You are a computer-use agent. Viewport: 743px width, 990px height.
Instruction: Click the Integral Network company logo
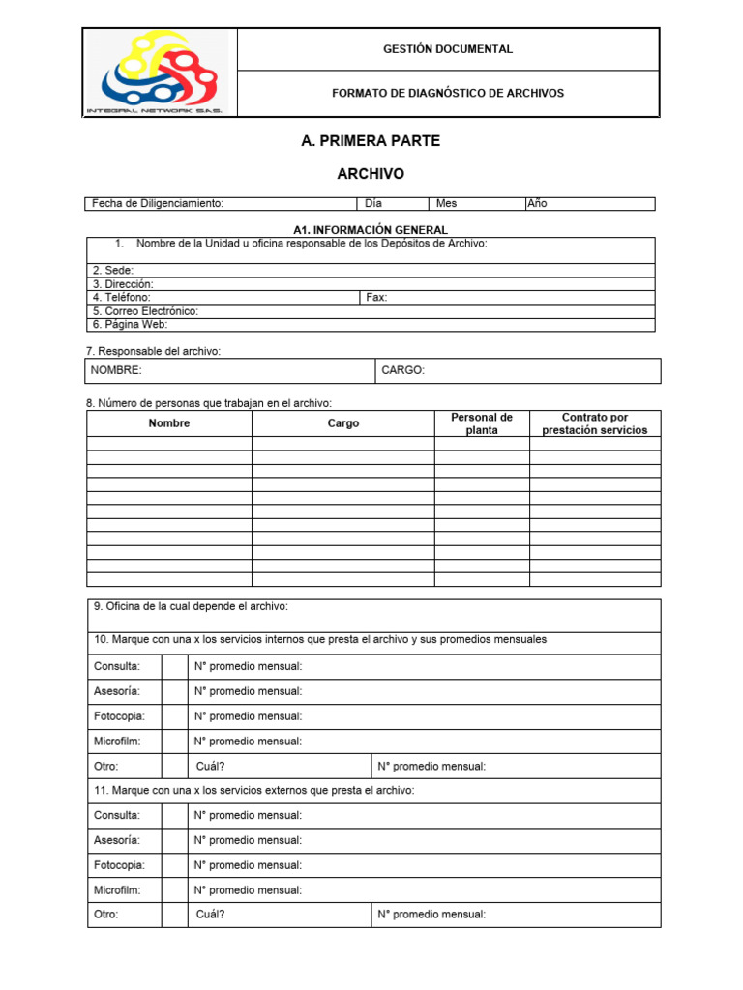(x=158, y=73)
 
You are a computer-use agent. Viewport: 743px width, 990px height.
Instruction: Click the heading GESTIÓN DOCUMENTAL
(x=448, y=49)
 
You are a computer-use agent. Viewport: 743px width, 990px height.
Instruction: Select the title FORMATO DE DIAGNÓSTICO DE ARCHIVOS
(x=448, y=94)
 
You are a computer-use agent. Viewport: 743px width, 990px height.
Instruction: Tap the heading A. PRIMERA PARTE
(x=371, y=141)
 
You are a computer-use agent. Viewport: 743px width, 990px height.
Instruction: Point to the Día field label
(x=373, y=204)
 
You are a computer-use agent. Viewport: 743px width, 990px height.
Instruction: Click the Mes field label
(x=446, y=204)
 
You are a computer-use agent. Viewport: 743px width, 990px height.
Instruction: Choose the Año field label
(x=537, y=204)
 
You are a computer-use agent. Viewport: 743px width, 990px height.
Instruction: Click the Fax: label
(x=376, y=298)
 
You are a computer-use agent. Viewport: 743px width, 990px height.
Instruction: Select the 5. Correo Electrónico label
(x=146, y=311)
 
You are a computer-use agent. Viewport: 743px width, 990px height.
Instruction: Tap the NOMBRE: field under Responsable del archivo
(x=116, y=370)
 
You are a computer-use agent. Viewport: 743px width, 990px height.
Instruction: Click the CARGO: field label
(x=402, y=370)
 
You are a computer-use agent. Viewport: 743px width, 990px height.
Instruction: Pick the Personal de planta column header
(x=481, y=423)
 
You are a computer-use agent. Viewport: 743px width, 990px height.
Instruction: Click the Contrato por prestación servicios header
(x=595, y=423)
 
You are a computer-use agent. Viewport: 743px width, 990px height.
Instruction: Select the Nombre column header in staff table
(x=169, y=423)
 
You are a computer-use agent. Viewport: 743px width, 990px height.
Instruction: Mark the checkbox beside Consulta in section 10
(x=174, y=666)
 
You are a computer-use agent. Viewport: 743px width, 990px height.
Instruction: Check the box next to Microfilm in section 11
(x=174, y=890)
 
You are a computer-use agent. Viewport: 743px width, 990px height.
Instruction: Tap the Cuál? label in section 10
(x=211, y=767)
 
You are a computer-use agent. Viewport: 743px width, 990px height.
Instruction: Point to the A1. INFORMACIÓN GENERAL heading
(x=371, y=230)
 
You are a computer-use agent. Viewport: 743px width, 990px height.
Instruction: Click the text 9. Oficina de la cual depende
(x=191, y=607)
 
